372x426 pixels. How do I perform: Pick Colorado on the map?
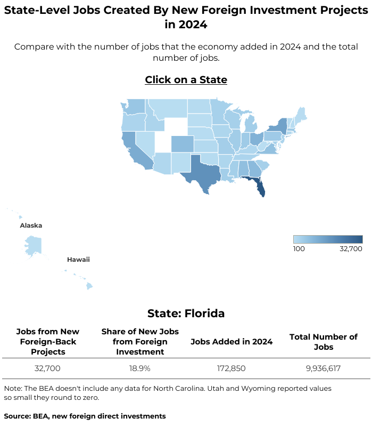point(182,144)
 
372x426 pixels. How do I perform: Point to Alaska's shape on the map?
point(32,244)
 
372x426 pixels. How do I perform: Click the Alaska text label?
point(31,226)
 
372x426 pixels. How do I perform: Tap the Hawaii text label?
point(78,260)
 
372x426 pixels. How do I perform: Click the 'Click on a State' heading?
point(186,80)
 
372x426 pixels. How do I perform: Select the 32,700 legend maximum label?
point(351,248)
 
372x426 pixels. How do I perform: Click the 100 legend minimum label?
point(299,248)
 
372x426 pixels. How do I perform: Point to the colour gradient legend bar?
point(328,239)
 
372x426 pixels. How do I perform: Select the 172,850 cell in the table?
point(232,368)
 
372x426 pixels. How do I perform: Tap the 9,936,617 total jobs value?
point(324,368)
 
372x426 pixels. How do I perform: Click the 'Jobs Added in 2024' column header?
point(232,342)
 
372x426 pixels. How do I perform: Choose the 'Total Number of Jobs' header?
point(324,342)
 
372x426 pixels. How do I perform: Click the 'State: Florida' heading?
point(186,314)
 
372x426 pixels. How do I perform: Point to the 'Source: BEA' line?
point(85,416)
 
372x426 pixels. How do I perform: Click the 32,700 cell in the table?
point(48,368)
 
